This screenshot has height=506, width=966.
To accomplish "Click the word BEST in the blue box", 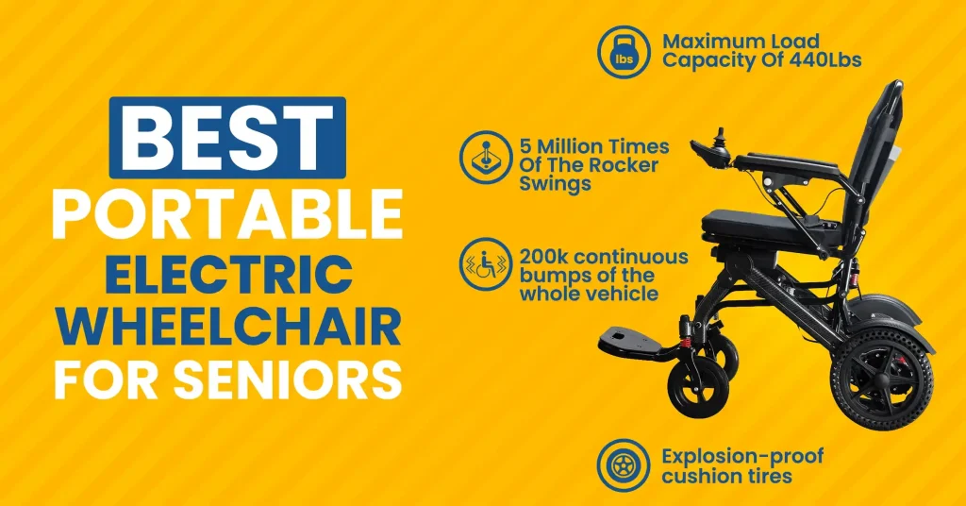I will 227,137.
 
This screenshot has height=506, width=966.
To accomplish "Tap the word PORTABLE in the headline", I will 227,214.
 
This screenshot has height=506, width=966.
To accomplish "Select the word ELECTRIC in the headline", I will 227,274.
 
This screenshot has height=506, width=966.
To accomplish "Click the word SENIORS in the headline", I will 298,381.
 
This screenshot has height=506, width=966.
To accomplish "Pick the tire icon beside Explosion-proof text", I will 624,465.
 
